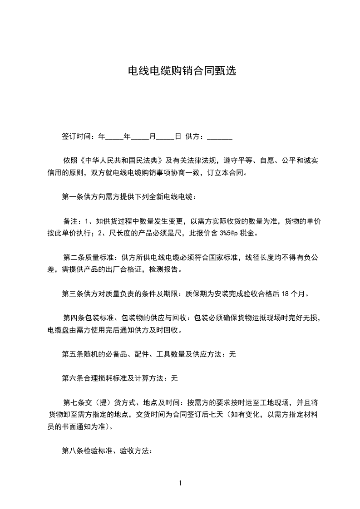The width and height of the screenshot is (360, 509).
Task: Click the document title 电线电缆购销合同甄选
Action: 182,71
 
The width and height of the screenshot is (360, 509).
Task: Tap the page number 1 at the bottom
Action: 180,483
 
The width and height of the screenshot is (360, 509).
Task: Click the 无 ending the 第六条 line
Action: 174,378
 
